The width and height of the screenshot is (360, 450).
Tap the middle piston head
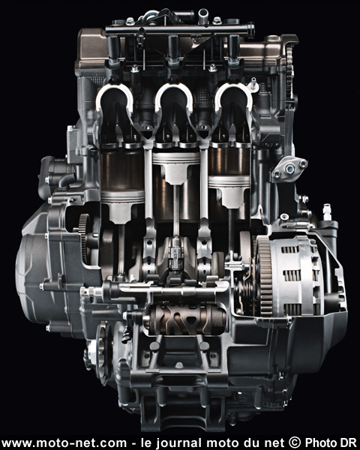click(175, 166)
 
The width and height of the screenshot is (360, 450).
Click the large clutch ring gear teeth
click(264, 275)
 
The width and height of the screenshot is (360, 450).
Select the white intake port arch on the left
click(115, 93)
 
